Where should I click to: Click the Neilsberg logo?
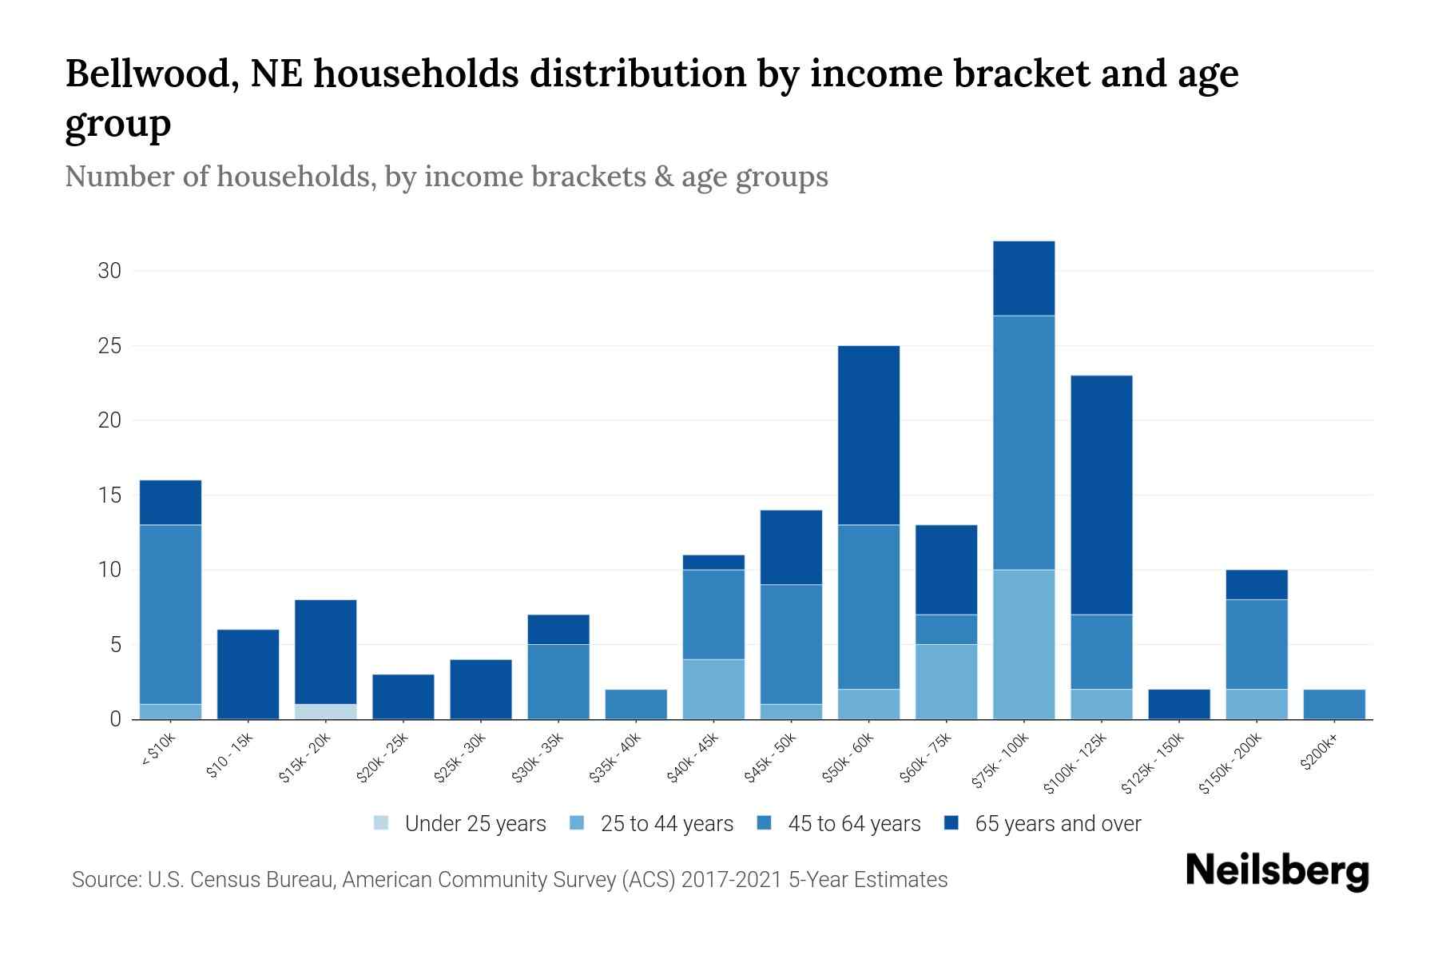coord(1277,872)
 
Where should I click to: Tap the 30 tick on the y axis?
coord(109,271)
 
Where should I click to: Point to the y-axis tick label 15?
coord(109,495)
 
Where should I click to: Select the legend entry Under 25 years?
coord(475,824)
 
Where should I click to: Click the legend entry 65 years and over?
coord(1058,824)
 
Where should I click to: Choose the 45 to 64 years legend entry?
coord(854,824)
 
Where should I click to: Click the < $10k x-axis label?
coord(158,751)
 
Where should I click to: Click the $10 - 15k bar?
coord(248,674)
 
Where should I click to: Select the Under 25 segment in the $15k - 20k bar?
coord(326,711)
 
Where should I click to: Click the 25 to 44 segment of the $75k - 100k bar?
coord(1023,644)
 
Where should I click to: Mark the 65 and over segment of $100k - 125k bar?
coord(1101,495)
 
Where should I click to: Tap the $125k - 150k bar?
coord(1178,704)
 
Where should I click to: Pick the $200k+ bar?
coord(1334,704)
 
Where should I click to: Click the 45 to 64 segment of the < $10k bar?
coord(170,615)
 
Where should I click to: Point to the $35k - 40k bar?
coord(636,704)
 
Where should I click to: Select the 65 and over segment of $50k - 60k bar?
coord(868,436)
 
